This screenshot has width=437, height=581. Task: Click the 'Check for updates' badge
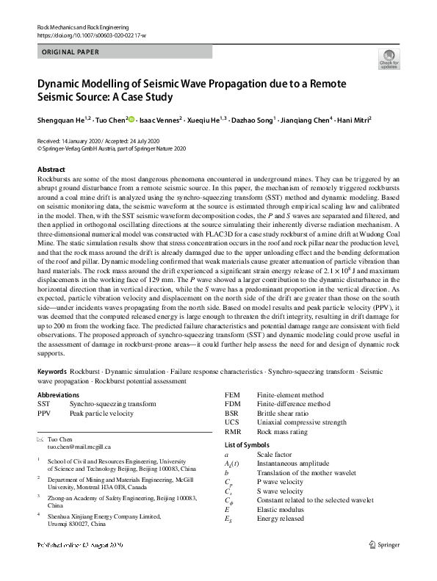coord(389,59)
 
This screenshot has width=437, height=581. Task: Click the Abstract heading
coord(51,170)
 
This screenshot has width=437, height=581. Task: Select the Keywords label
coord(54,372)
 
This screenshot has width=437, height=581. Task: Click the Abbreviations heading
coord(62,395)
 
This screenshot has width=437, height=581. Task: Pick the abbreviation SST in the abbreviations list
coord(44,404)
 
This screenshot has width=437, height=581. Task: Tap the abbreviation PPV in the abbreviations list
coord(44,414)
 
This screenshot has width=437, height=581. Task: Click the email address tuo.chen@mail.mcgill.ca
coord(79,446)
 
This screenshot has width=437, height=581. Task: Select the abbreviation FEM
coord(232,395)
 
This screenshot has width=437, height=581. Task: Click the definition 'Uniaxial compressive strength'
coord(301,422)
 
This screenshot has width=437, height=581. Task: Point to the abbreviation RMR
coord(233,432)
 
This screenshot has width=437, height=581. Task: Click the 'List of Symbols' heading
coord(246,446)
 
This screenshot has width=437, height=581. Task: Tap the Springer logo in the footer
coord(385,565)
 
